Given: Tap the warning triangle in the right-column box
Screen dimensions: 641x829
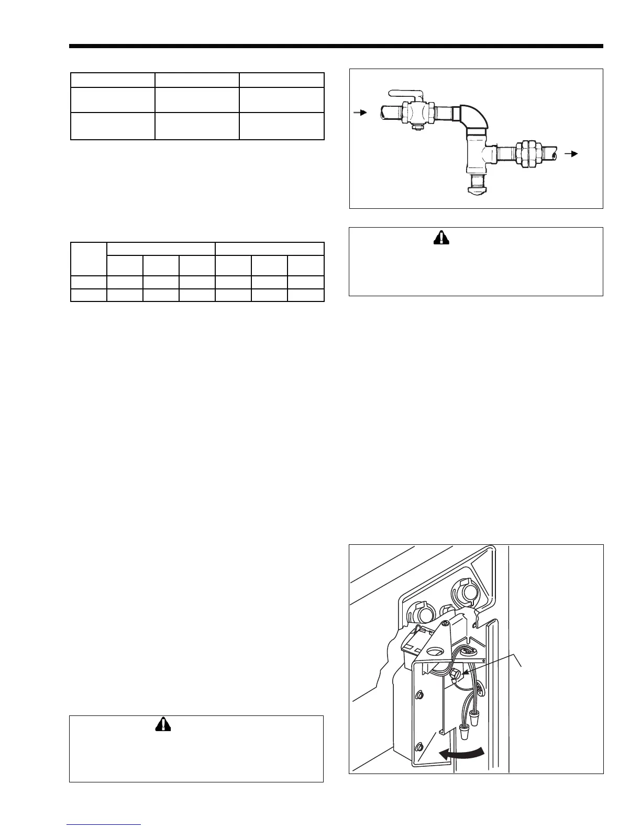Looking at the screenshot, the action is tap(442, 238).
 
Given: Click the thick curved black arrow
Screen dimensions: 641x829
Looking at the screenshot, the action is tap(461, 754).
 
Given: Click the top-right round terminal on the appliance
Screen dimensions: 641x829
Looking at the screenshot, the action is tap(463, 591).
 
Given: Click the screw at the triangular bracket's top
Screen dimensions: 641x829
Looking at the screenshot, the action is tap(444, 624).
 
